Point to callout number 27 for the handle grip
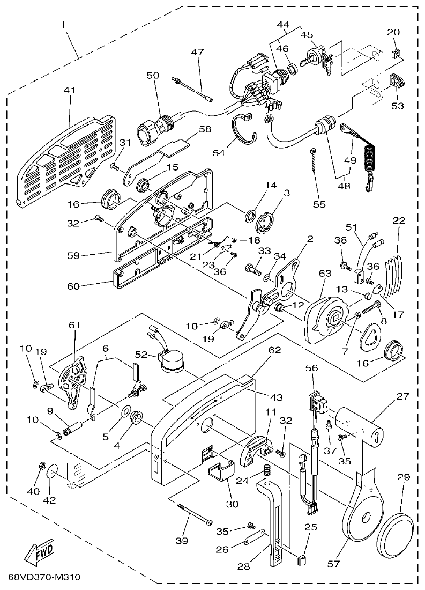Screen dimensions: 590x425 pyautogui.click(x=402, y=397)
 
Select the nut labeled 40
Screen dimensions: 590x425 pyautogui.click(x=41, y=465)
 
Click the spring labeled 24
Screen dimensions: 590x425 pyautogui.click(x=265, y=474)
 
